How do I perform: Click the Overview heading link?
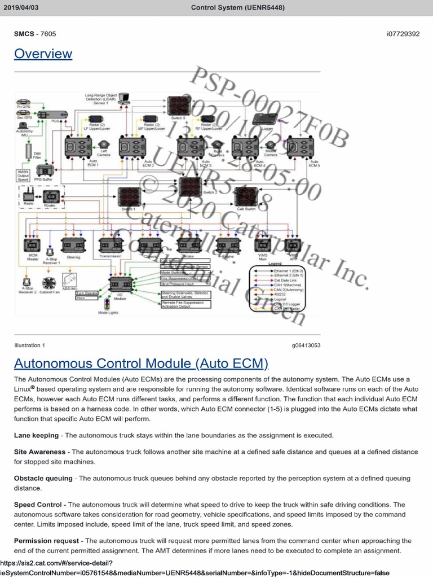pyautogui.click(x=43, y=54)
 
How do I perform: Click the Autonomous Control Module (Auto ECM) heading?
pyautogui.click(x=141, y=362)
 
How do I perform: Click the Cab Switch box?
pyautogui.click(x=246, y=196)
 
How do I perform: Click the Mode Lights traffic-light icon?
pyautogui.click(x=107, y=303)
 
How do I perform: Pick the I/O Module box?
pyautogui.click(x=120, y=284)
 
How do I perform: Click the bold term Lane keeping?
pyautogui.click(x=36, y=435)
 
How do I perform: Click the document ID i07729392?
pyautogui.click(x=403, y=34)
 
